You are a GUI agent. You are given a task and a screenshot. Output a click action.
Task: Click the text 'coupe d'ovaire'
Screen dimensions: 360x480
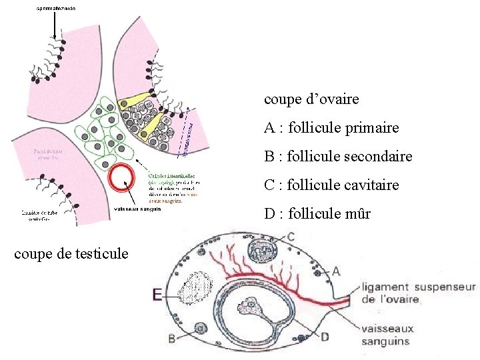pyautogui.click(x=311, y=99)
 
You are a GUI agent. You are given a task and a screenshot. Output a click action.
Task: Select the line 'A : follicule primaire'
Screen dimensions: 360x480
pyautogui.click(x=331, y=127)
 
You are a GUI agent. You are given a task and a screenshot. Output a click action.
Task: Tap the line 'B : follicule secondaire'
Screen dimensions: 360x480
pyautogui.click(x=338, y=157)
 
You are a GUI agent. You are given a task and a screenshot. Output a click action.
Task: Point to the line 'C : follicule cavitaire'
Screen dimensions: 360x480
pyautogui.click(x=331, y=185)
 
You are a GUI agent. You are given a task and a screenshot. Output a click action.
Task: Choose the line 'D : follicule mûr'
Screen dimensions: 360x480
pyautogui.click(x=317, y=214)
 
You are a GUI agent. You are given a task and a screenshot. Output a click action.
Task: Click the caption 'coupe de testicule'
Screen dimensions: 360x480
pyautogui.click(x=71, y=253)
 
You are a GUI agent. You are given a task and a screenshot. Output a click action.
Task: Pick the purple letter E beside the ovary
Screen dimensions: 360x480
pyautogui.click(x=157, y=294)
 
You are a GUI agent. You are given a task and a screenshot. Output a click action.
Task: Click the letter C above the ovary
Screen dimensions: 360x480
pyautogui.click(x=291, y=237)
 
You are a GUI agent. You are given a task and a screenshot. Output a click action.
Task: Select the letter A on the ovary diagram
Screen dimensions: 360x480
pyautogui.click(x=335, y=271)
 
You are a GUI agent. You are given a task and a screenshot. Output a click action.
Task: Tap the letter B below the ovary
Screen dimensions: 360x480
pyautogui.click(x=172, y=339)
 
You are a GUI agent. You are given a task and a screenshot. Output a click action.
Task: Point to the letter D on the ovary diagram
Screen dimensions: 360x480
pyautogui.click(x=325, y=337)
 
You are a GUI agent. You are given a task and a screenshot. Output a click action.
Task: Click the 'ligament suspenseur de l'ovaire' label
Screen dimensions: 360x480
pyautogui.click(x=419, y=293)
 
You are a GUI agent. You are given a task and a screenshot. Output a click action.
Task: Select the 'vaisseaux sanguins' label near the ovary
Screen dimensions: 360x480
pyautogui.click(x=389, y=335)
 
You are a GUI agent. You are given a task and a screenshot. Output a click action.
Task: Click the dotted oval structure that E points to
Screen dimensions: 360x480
pyautogui.click(x=195, y=289)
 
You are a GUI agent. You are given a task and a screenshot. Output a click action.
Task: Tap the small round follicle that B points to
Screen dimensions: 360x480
pyautogui.click(x=199, y=328)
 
